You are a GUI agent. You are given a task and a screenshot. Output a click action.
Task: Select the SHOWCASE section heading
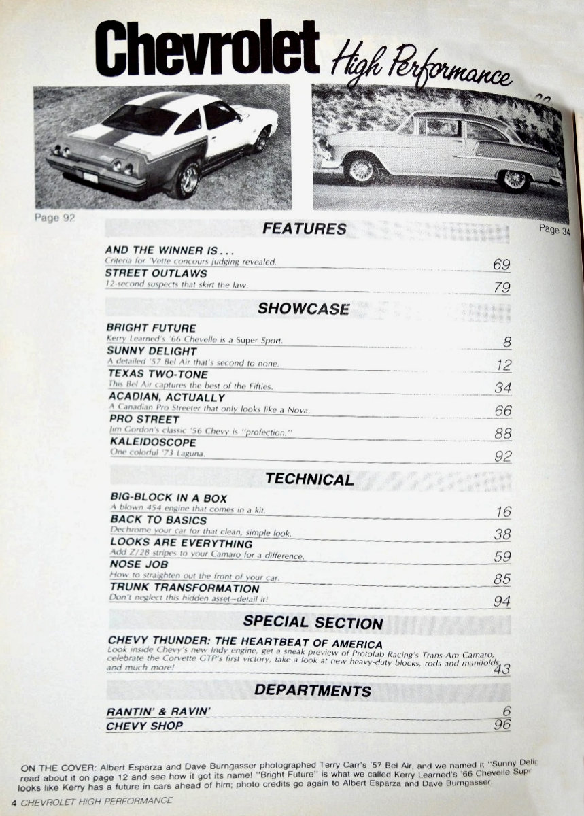(x=303, y=309)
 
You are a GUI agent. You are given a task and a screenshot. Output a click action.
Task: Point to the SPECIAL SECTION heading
(x=313, y=622)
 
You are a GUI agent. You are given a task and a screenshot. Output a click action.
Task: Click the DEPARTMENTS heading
(x=313, y=691)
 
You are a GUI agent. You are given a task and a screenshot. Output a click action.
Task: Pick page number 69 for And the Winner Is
(x=501, y=264)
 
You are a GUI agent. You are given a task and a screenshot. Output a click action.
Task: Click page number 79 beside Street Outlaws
(x=501, y=288)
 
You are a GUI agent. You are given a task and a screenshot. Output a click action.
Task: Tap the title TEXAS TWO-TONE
(x=158, y=374)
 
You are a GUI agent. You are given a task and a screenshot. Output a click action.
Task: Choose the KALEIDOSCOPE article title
(x=153, y=442)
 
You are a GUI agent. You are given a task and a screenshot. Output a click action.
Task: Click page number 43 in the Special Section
(x=502, y=669)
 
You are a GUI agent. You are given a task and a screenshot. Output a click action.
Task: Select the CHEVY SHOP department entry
(x=145, y=726)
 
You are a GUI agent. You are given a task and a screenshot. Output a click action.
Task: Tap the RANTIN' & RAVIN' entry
(x=159, y=711)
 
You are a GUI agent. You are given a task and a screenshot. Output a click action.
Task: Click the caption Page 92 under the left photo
(x=54, y=218)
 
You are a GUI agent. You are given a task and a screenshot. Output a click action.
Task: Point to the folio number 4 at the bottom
(x=14, y=800)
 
